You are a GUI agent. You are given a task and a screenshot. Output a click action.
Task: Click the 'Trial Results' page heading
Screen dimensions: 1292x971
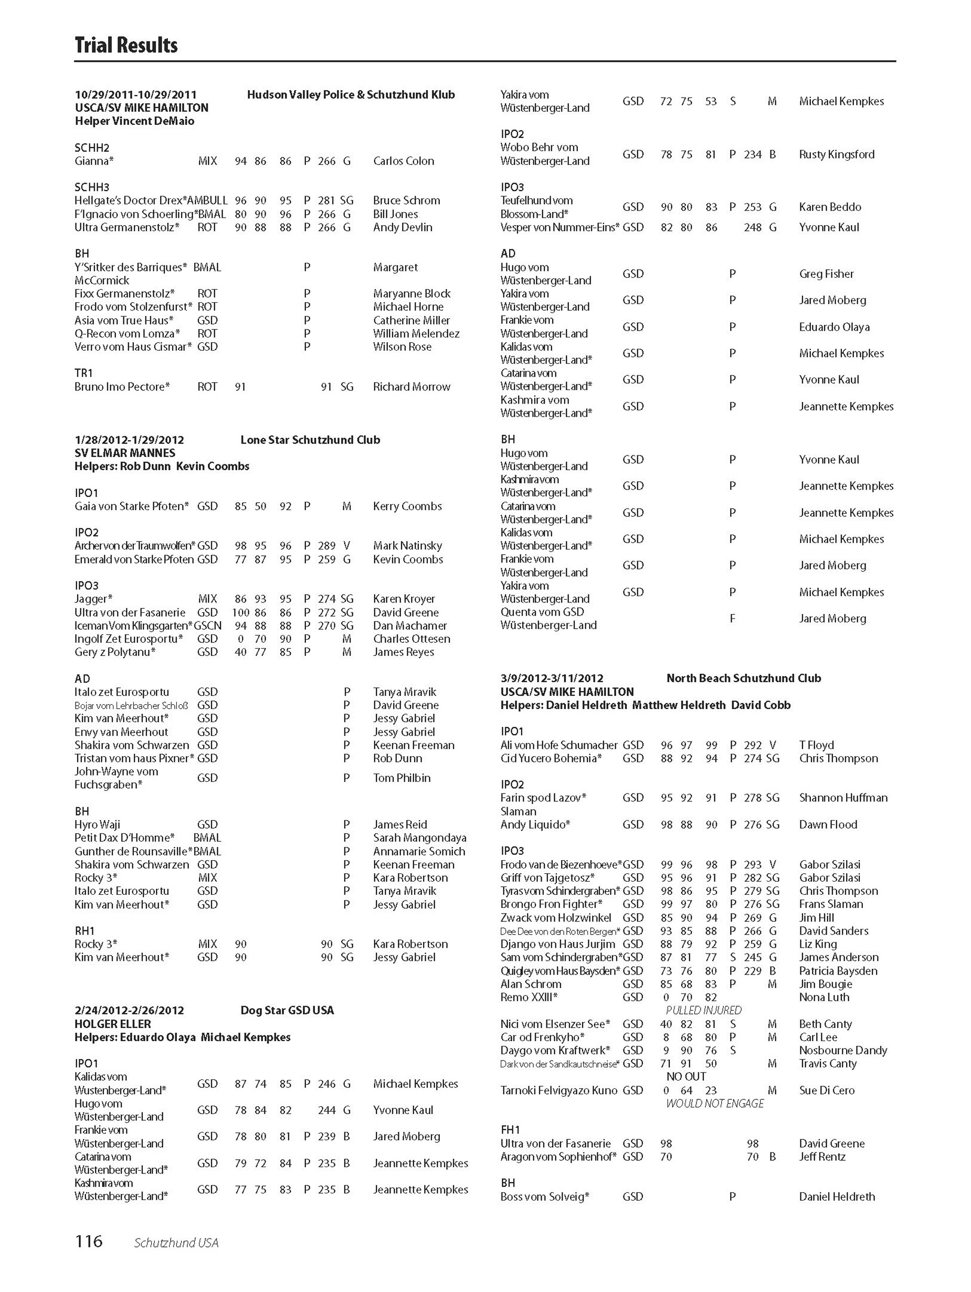125,45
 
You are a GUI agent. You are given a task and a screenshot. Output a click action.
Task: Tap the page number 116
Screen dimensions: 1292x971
88,1241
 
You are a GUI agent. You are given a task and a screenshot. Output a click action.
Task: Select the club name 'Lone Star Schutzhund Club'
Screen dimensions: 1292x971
310,440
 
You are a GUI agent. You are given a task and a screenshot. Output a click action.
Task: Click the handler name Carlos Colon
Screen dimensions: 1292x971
403,161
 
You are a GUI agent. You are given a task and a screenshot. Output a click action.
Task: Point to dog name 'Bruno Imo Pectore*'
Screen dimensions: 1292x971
122,387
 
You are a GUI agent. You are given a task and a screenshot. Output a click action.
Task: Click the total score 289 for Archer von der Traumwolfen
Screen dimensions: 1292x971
326,546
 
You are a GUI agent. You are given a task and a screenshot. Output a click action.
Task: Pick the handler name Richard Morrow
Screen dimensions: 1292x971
411,387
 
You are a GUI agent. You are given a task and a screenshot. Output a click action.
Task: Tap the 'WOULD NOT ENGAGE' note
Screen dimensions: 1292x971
714,1103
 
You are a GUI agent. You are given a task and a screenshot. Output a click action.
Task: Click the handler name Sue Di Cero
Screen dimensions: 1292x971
826,1090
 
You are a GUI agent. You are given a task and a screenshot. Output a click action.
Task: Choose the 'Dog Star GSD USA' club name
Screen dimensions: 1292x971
287,1011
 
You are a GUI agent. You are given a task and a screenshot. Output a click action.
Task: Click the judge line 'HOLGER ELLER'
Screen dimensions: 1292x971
112,1024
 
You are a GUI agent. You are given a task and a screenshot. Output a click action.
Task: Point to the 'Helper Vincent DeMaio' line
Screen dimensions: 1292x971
134,121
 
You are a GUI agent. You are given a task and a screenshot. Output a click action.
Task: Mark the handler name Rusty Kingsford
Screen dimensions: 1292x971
837,154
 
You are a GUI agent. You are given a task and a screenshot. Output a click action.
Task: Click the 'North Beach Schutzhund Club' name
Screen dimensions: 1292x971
743,678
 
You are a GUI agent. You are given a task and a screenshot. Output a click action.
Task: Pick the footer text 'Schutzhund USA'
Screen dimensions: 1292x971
176,1242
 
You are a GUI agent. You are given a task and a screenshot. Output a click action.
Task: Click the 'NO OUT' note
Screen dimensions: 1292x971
686,1076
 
